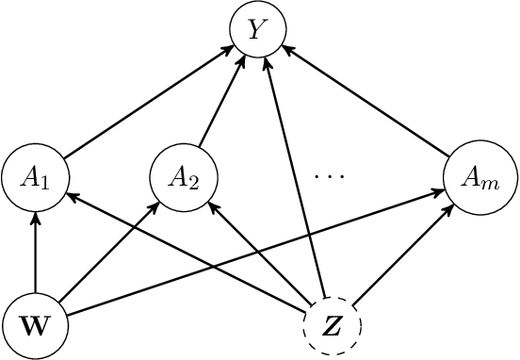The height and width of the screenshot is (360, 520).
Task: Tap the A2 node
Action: coord(185,176)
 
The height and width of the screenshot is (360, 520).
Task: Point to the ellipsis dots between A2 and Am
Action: coord(331,176)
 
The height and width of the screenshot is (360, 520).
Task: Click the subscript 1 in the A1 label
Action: coord(43,182)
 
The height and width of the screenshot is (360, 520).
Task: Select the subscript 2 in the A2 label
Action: coord(193,182)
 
